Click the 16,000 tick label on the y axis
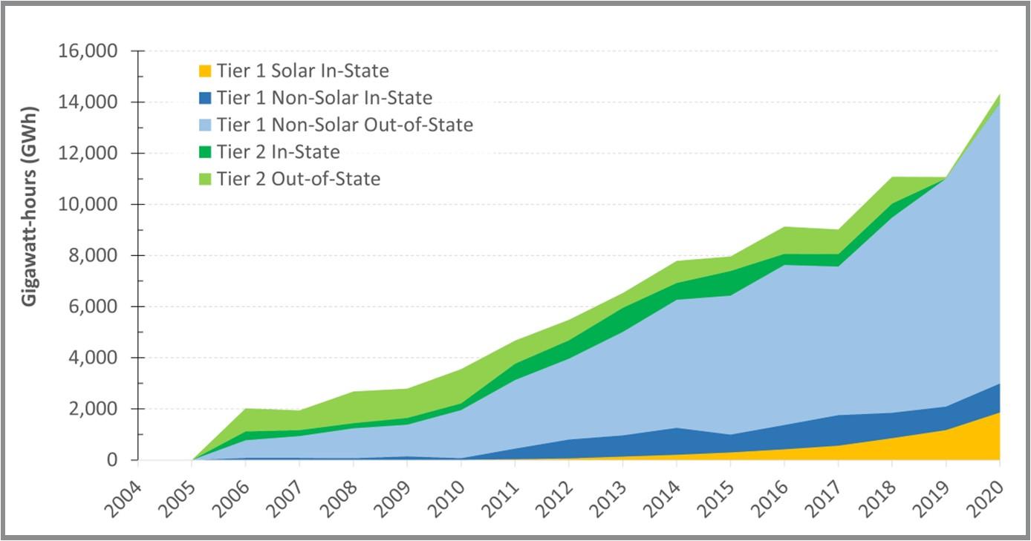[x=88, y=52]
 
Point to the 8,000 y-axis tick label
[x=93, y=256]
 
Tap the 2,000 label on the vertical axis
[x=93, y=409]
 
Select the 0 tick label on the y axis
[x=111, y=460]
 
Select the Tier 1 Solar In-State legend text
[x=302, y=71]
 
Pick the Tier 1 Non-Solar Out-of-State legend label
[x=345, y=125]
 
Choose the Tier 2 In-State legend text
[x=278, y=152]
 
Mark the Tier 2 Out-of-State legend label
[x=299, y=179]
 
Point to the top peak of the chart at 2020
[x=999, y=95]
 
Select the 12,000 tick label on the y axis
[x=88, y=154]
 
